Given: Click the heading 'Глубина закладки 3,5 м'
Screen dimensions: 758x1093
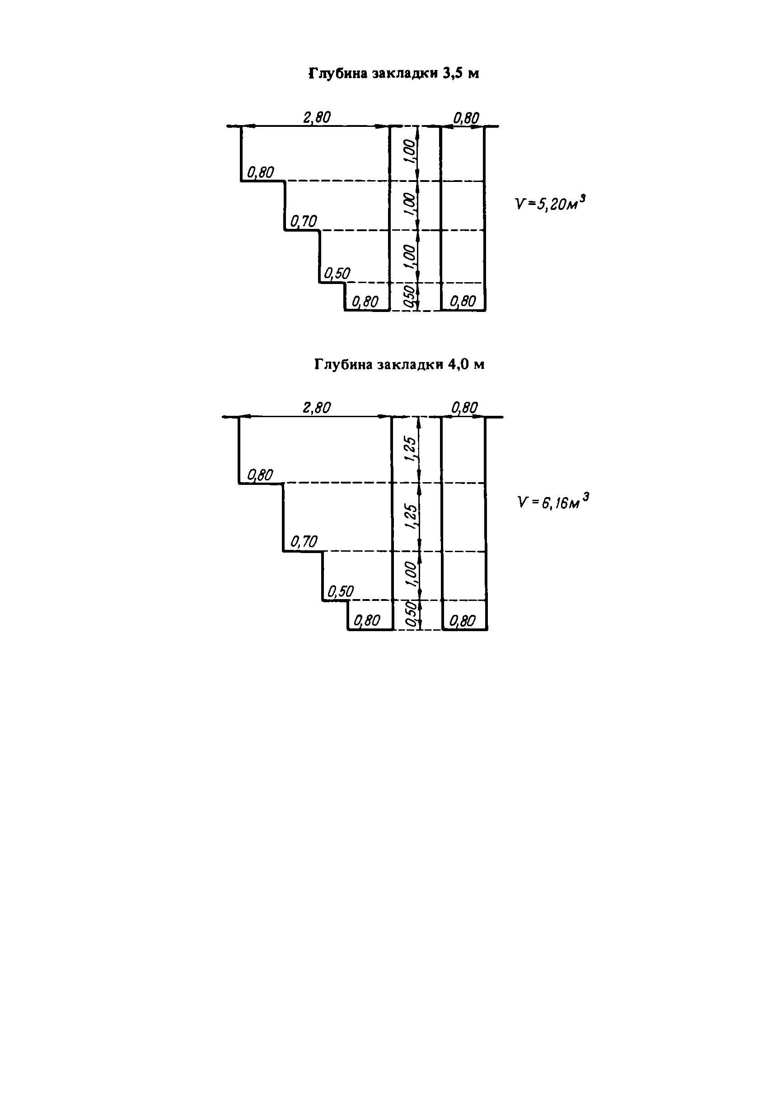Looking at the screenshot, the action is [394, 74].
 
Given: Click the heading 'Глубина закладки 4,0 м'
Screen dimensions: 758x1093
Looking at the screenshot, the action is [399, 364].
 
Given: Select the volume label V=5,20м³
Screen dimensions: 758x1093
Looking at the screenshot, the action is [550, 204].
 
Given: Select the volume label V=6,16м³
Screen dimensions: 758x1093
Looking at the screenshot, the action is [553, 502].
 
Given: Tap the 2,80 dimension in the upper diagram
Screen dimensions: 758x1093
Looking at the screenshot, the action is [317, 117].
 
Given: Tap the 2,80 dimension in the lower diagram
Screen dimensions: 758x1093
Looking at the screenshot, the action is [317, 408].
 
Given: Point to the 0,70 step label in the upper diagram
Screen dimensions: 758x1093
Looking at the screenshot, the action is [304, 221].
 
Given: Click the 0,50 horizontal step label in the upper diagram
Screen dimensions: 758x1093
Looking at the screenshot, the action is [337, 274].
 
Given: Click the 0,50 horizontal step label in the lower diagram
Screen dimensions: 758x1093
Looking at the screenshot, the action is [341, 592].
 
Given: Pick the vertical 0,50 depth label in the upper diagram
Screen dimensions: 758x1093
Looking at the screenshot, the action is [408, 297].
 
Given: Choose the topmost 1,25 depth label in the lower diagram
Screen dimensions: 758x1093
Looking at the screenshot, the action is [411, 449].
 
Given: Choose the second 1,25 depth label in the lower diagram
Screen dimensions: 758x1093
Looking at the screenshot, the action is [411, 517].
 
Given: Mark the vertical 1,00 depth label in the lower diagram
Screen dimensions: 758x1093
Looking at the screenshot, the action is [411, 575].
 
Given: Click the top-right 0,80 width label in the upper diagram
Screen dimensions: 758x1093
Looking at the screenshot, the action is [466, 118].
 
